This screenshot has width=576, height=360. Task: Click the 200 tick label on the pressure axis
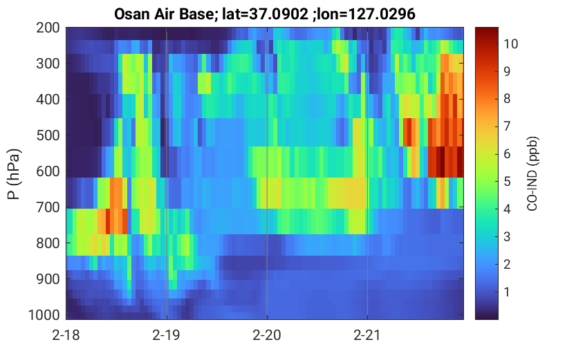click(x=48, y=28)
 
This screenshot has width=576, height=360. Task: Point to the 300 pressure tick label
click(x=48, y=64)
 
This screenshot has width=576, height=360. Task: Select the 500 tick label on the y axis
click(x=48, y=135)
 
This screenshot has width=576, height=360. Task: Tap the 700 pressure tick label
click(x=48, y=207)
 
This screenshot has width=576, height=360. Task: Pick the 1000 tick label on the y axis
click(x=44, y=315)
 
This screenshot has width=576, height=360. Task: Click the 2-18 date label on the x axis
click(x=66, y=335)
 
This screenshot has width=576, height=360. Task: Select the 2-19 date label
click(x=167, y=335)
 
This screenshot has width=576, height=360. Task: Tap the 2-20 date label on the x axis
click(x=267, y=335)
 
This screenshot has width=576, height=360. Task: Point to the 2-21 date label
click(x=367, y=335)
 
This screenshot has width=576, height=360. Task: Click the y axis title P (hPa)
click(x=14, y=174)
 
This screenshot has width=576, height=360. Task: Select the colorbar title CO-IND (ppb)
click(x=532, y=174)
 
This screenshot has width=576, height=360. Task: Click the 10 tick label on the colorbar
click(x=510, y=44)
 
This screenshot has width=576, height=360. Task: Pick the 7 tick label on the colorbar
click(x=507, y=126)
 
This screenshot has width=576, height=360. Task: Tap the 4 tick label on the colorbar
click(x=507, y=209)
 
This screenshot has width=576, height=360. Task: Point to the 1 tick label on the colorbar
click(x=507, y=292)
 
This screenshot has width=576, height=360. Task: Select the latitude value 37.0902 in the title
click(x=279, y=15)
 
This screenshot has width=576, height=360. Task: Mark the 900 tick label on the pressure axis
click(x=48, y=279)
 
